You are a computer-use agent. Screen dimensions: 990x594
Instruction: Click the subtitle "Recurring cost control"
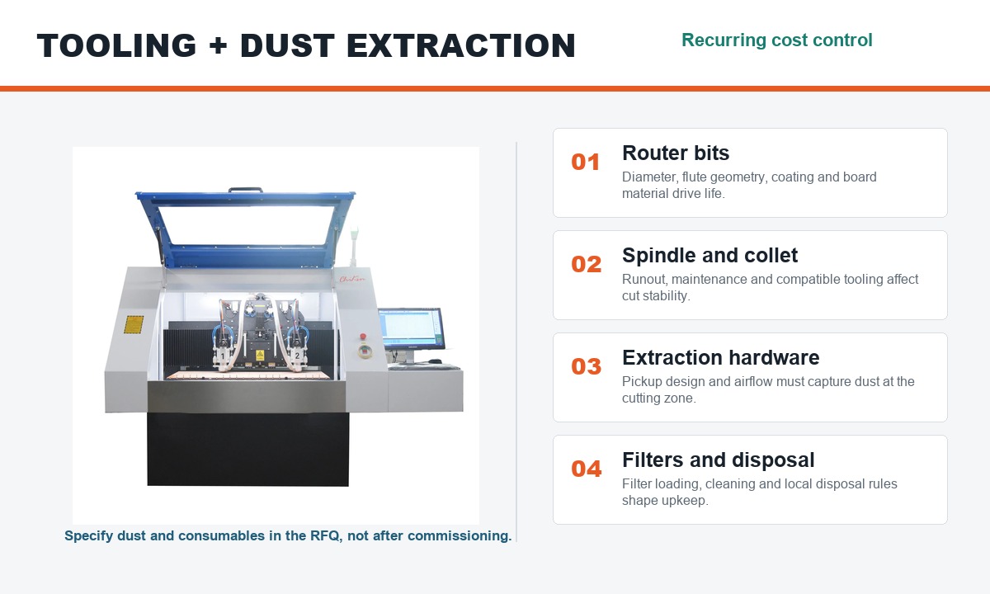pos(776,40)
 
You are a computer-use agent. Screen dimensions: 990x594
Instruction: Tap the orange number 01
pos(585,162)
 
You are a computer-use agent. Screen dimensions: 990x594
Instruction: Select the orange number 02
pos(586,264)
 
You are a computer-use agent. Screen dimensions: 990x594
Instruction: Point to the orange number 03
pos(586,366)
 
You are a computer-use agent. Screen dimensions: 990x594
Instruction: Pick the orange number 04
pos(586,469)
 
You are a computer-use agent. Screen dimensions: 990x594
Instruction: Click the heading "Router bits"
pos(676,153)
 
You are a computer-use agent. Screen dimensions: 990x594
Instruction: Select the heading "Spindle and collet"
pos(709,256)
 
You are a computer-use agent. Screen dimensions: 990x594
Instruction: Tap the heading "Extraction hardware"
pos(720,357)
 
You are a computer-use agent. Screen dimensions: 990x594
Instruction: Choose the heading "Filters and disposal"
pos(719,460)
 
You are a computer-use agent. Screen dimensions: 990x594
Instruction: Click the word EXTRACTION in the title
pos(461,45)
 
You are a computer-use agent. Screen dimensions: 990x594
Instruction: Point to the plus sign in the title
pos(218,45)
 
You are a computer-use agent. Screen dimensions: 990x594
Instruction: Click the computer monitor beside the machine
pos(411,329)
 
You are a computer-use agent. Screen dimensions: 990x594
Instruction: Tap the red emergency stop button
pos(363,337)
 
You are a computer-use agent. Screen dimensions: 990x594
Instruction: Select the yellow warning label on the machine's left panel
pos(133,324)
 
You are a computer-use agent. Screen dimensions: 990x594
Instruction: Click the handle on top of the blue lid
pos(245,190)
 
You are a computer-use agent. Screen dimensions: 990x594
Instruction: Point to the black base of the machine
pos(248,449)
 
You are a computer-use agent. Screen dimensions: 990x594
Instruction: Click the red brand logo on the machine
pos(352,279)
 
